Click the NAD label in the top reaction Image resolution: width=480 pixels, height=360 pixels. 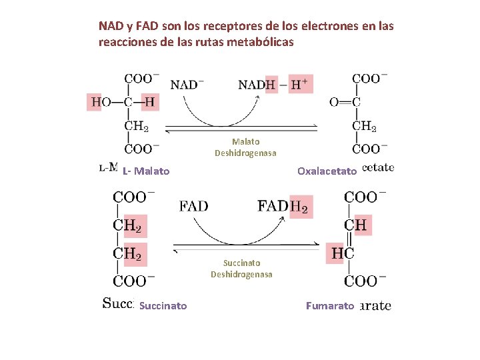[x=187, y=85]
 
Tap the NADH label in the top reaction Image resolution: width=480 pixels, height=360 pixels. [x=257, y=85]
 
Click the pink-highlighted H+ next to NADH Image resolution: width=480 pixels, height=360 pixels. [x=298, y=84]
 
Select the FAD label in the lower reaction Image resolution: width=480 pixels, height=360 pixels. [x=193, y=206]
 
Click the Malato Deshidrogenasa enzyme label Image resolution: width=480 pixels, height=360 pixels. [x=245, y=147]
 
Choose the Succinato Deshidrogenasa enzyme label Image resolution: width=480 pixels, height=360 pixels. [x=241, y=269]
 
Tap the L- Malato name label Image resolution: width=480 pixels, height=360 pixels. [x=146, y=171]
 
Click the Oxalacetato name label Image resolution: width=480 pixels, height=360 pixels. [x=327, y=171]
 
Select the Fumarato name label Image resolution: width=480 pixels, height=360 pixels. [x=329, y=306]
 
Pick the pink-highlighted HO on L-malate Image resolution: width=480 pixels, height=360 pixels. [x=100, y=102]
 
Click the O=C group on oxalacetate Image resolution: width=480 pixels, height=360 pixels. [x=345, y=102]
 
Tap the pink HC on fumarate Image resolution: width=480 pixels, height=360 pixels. [x=342, y=253]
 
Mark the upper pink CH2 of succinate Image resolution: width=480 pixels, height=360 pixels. [x=127, y=225]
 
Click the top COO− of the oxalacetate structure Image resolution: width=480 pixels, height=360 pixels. [x=366, y=78]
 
